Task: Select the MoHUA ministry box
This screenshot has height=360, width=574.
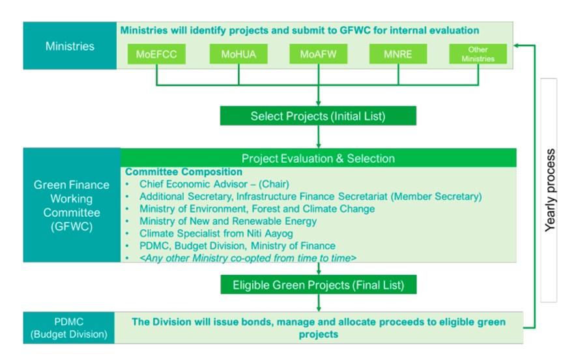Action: pyautogui.click(x=237, y=54)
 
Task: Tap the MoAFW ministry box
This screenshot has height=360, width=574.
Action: pyautogui.click(x=318, y=54)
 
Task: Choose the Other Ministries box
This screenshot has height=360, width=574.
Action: pyautogui.click(x=478, y=54)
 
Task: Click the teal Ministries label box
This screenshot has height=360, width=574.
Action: pyautogui.click(x=70, y=46)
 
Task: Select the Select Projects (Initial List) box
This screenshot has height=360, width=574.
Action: pyautogui.click(x=318, y=117)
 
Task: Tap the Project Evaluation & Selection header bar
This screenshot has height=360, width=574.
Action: pyautogui.click(x=318, y=158)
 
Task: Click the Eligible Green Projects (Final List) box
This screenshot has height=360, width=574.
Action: pyautogui.click(x=318, y=284)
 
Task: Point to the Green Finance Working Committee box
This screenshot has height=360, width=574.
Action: pyautogui.click(x=72, y=205)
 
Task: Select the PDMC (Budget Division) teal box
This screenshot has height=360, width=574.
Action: pyautogui.click(x=69, y=328)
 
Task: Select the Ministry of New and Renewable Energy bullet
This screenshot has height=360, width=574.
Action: pyautogui.click(x=228, y=221)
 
